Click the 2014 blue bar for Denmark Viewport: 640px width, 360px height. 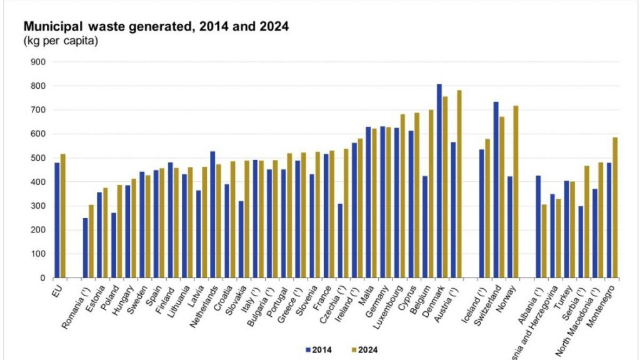point(439,181)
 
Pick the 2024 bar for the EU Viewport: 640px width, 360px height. point(62,216)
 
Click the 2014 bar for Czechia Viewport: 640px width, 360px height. point(340,241)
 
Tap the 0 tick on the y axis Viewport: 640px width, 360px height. point(43,278)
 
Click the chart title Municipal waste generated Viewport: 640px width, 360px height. point(156,27)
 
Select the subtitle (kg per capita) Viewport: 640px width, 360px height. point(61,41)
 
